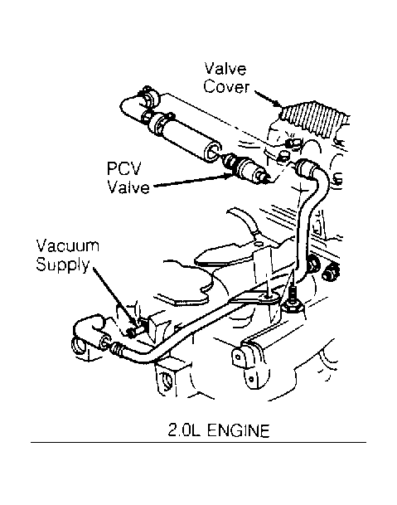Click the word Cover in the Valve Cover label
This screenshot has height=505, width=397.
(226, 87)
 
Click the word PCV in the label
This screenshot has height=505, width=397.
(124, 169)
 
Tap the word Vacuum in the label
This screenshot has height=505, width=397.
(68, 245)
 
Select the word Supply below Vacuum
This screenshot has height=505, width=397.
(63, 265)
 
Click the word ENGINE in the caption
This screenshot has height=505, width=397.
(238, 430)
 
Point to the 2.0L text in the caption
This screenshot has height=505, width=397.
(184, 430)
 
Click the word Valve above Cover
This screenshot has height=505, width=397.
(225, 69)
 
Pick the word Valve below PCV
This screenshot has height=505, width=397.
(128, 187)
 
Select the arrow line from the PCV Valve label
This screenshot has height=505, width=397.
(192, 181)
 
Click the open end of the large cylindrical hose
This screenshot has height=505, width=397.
(213, 152)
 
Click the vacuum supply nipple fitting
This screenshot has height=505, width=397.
(133, 331)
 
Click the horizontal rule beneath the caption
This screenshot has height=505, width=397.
(198, 442)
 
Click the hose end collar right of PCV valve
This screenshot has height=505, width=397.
(304, 168)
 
